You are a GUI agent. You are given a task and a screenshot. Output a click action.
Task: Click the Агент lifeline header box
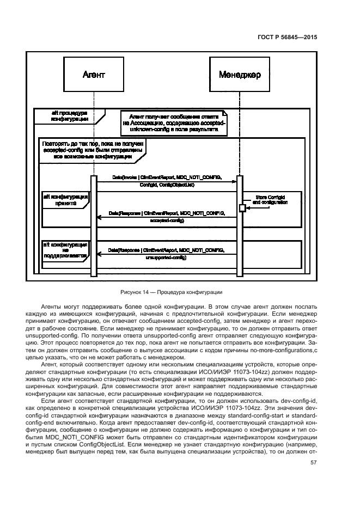93,73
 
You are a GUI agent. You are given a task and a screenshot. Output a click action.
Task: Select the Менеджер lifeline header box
240,73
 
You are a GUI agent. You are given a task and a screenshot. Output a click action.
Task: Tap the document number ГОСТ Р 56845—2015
288,38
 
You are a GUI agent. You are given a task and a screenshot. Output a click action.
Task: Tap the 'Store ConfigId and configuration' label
271,199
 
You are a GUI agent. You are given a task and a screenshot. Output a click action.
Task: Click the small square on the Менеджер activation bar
242,207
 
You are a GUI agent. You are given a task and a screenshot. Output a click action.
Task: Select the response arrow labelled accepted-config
167,217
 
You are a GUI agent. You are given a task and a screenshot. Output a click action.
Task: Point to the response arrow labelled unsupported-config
167,253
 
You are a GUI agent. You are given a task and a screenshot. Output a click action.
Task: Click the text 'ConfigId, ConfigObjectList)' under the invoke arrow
167,185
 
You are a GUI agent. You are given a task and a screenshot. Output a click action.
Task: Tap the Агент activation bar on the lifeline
94,218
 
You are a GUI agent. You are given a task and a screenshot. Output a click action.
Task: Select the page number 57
313,463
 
